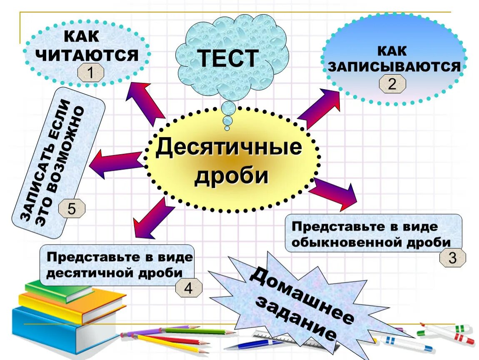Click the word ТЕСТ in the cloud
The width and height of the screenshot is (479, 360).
[228, 58]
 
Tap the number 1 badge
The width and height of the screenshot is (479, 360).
[90, 74]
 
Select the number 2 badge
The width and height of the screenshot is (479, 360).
[392, 85]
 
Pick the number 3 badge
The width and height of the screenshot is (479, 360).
[452, 258]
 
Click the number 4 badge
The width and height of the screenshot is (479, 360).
[189, 288]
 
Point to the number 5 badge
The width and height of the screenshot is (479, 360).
[72, 208]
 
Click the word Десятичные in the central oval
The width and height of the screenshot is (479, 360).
[229, 148]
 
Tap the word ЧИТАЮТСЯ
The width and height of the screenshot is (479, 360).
[89, 55]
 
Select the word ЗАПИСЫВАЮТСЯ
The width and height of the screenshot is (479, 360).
[394, 67]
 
